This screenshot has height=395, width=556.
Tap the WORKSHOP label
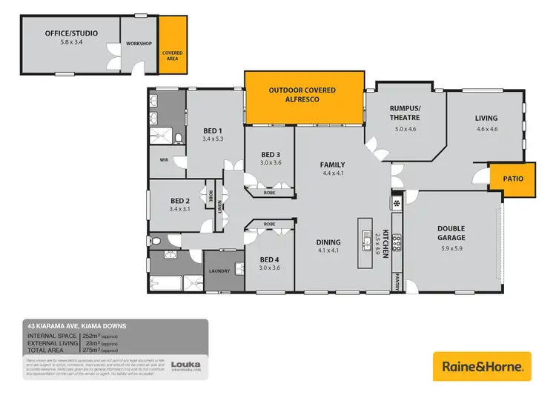point(139,44)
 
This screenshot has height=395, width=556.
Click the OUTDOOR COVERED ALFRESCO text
point(302,94)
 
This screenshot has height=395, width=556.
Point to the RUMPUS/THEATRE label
point(405,113)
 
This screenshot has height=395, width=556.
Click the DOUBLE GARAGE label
point(451,233)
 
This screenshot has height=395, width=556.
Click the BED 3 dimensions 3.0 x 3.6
point(270,163)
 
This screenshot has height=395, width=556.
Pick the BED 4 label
point(270,259)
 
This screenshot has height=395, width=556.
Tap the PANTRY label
point(397,282)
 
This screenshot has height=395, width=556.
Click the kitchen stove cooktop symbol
point(397,242)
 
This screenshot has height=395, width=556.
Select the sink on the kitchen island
point(367,239)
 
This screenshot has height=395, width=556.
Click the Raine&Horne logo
point(483,366)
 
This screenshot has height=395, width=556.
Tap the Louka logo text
point(183,364)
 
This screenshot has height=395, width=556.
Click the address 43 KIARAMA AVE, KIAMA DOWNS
point(77,325)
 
